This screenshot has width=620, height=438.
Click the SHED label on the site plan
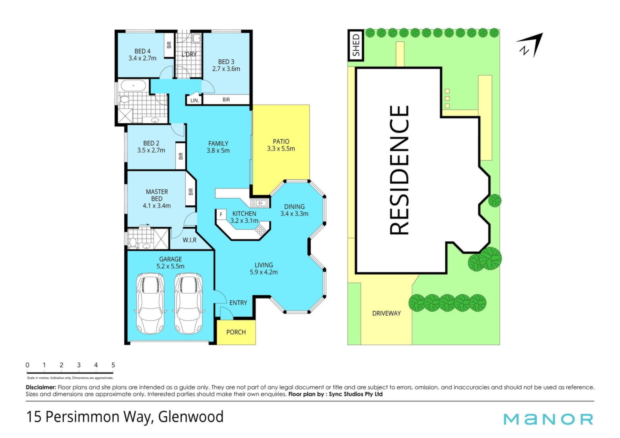pyautogui.click(x=356, y=45)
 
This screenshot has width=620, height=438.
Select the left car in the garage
pyautogui.click(x=150, y=303)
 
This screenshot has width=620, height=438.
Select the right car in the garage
pyautogui.click(x=188, y=303)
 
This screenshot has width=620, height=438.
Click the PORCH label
pyautogui.click(x=236, y=332)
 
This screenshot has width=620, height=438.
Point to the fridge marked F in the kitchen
pyautogui.click(x=221, y=214)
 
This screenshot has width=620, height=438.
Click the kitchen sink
pyautogui.click(x=259, y=203)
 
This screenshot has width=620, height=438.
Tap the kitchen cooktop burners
pyautogui.click(x=260, y=230)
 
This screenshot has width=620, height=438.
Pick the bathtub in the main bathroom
pyautogui.click(x=133, y=86)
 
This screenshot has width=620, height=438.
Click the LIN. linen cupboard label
pyautogui.click(x=194, y=100)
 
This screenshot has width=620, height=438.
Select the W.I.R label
pyautogui.click(x=190, y=240)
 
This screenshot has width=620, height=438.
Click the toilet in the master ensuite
pyautogui.click(x=132, y=242)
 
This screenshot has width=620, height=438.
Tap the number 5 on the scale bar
pyautogui.click(x=113, y=365)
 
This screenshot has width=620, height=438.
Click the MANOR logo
pyautogui.click(x=548, y=419)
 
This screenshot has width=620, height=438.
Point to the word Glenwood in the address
pyautogui.click(x=191, y=417)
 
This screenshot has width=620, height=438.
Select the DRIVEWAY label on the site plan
pyautogui.click(x=387, y=313)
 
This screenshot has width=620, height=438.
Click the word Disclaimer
pyautogui.click(x=41, y=387)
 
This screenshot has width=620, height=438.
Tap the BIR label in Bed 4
pyautogui.click(x=169, y=45)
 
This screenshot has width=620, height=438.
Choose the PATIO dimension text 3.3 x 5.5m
pyautogui.click(x=281, y=149)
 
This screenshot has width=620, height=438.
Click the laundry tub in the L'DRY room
pyautogui.click(x=196, y=39)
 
